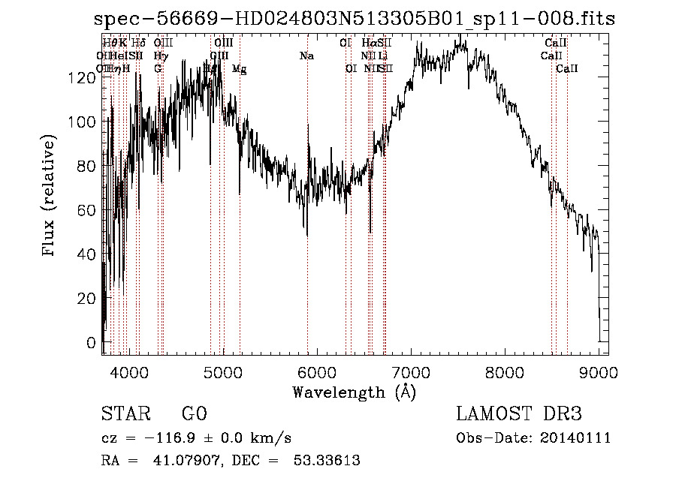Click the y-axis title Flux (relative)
pyautogui.click(x=50, y=197)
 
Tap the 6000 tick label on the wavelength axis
pyautogui.click(x=317, y=371)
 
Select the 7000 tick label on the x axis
pyautogui.click(x=411, y=371)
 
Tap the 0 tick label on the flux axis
pyautogui.click(x=92, y=343)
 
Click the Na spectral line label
pyautogui.click(x=306, y=56)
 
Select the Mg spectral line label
pyautogui.click(x=239, y=69)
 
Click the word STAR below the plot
pyautogui.click(x=125, y=414)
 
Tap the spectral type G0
pyautogui.click(x=194, y=414)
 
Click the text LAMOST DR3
pyautogui.click(x=519, y=414)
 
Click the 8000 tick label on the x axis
pyautogui.click(x=505, y=371)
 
